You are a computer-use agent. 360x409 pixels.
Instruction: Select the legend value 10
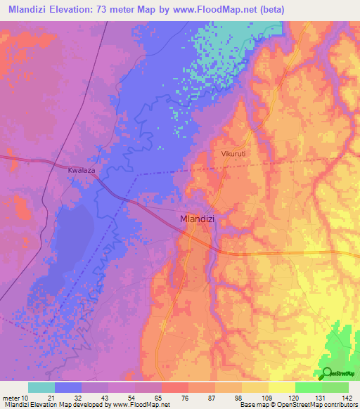tap(23, 398)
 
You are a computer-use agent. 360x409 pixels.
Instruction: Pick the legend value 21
tap(51, 398)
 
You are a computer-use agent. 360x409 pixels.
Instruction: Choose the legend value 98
tap(239, 398)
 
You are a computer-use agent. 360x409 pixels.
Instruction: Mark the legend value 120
tap(292, 398)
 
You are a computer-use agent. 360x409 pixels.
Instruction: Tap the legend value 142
tap(346, 398)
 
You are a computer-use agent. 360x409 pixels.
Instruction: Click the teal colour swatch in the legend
tap(41, 387)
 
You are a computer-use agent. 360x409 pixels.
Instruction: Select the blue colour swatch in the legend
tap(68, 387)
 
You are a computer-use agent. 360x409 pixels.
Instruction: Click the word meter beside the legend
tap(9, 398)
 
